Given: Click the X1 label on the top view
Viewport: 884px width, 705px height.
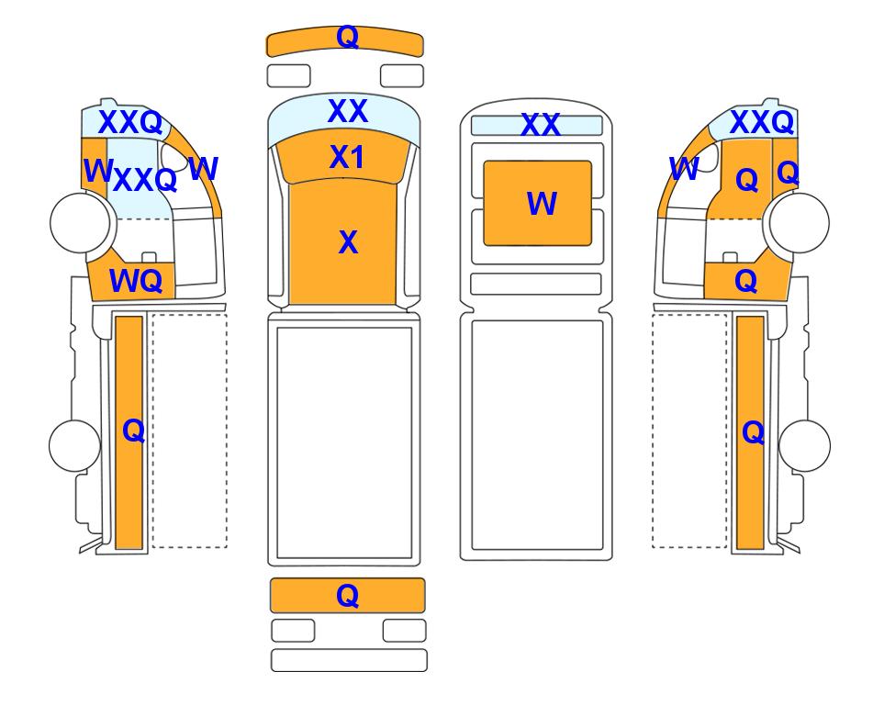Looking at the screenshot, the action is [347, 157].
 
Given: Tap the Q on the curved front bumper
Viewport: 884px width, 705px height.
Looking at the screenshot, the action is [347, 38].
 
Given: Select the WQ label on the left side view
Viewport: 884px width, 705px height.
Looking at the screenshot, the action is [136, 280].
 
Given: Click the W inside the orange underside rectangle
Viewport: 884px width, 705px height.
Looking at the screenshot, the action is [542, 204].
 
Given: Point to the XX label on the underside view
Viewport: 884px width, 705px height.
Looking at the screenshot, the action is [541, 125].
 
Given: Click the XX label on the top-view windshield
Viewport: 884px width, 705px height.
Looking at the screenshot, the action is [348, 111].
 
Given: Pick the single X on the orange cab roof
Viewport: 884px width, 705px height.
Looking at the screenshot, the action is [349, 242].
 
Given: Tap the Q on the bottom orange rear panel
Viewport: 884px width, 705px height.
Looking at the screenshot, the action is [347, 596].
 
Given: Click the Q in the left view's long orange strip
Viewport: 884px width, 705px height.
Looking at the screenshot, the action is [134, 431].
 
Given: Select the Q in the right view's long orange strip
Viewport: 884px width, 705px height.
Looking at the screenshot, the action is [754, 433].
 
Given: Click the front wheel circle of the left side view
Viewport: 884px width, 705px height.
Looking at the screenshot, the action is [80, 223].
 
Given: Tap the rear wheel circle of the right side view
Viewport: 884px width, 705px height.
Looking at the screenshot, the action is [804, 445].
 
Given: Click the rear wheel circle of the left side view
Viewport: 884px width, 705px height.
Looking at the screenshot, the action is [75, 445].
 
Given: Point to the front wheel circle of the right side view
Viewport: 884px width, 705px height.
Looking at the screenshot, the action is [800, 223].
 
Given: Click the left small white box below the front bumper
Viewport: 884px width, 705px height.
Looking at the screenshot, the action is [288, 76].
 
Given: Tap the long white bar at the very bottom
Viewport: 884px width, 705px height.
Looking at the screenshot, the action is [349, 660].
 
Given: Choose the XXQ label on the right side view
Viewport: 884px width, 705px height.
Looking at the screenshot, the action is [762, 122].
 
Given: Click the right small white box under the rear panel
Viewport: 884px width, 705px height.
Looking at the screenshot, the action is [404, 631].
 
